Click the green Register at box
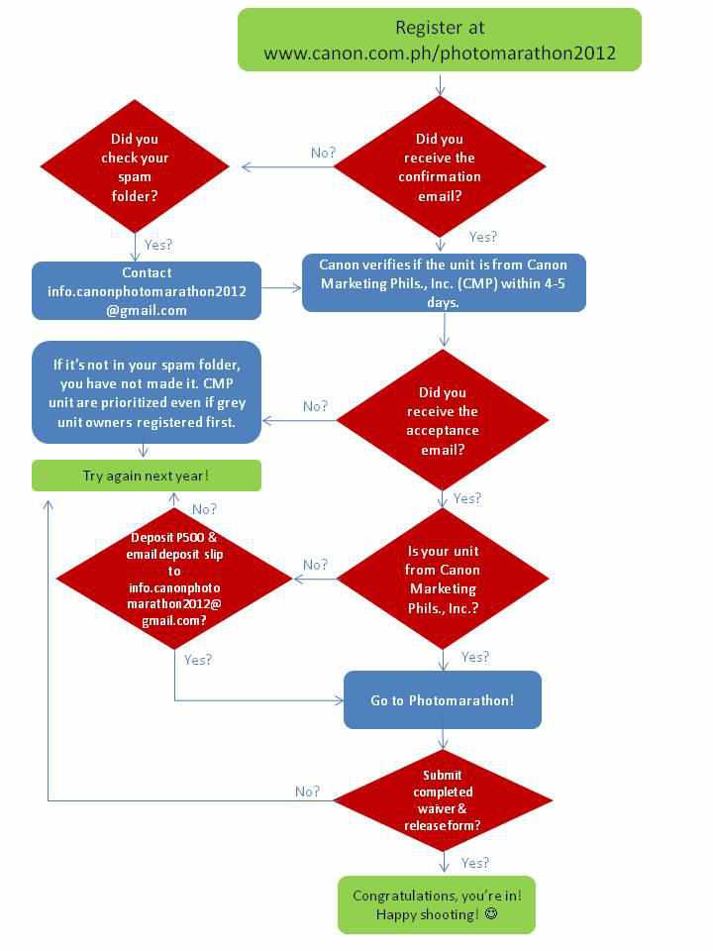[x=440, y=40]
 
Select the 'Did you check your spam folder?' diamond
[x=135, y=166]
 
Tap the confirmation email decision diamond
[x=440, y=166]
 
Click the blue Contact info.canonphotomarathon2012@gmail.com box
[x=147, y=290]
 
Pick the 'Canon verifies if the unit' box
[x=444, y=282]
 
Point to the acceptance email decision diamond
[x=443, y=420]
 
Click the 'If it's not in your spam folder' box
[x=147, y=392]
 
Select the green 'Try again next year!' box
[x=147, y=475]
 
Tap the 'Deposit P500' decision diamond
[x=174, y=578]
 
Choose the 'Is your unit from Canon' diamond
[x=444, y=579]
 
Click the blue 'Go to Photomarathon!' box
[x=443, y=700]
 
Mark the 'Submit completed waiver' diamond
[x=443, y=800]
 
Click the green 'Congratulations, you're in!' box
[x=437, y=904]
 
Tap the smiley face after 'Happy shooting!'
[x=491, y=913]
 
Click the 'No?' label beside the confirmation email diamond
[x=323, y=153]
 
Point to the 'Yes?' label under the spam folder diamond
[x=158, y=245]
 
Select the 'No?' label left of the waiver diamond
[x=307, y=792]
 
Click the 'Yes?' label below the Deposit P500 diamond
[x=198, y=660]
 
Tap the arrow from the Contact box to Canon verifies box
[x=282, y=287]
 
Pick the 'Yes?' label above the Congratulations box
[x=474, y=863]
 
